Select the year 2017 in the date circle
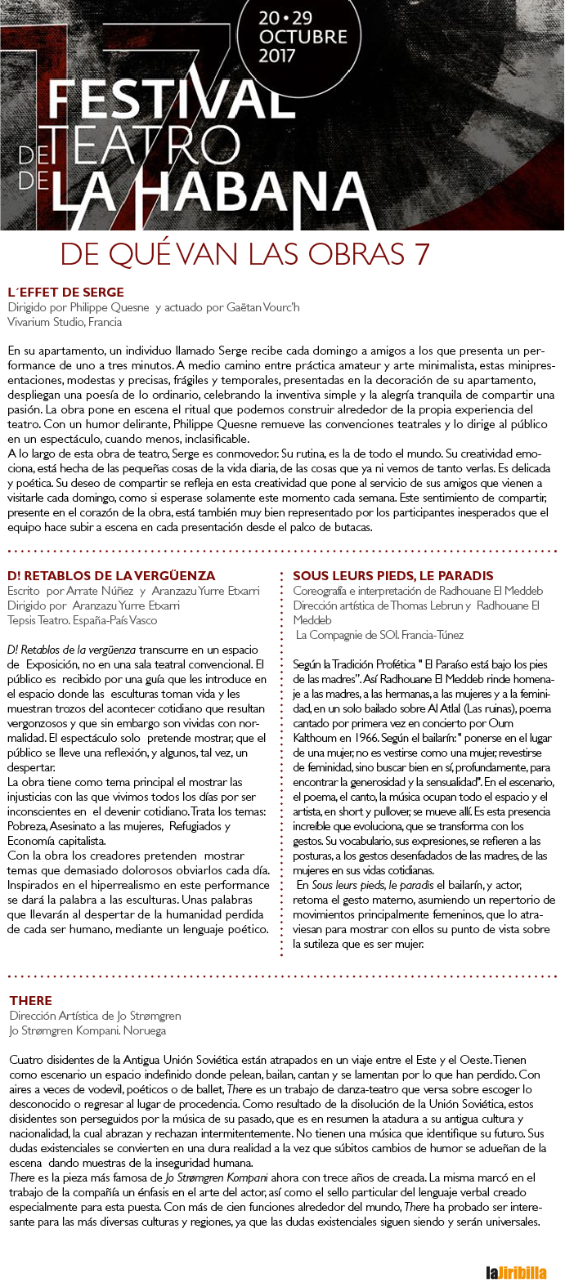(276, 56)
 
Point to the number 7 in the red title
(422, 254)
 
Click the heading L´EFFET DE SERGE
(65, 292)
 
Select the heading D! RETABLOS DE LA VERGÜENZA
(111, 575)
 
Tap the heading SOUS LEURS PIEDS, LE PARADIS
(393, 575)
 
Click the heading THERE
(31, 1000)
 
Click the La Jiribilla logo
(515, 1272)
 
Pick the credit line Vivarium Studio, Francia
(65, 322)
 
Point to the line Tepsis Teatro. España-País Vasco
(82, 619)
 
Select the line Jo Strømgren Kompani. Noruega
(87, 1030)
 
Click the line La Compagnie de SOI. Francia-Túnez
(379, 634)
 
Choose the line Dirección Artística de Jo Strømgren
(95, 1016)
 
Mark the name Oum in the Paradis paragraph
(500, 723)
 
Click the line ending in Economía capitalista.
(56, 841)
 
